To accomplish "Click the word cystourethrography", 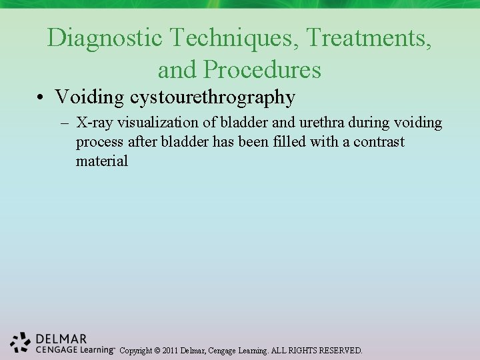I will click(213, 97).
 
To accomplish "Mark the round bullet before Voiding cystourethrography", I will click(41, 98).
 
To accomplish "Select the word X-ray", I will click(95, 123).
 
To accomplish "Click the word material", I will click(101, 161).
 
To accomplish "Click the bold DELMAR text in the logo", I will click(61, 339).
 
